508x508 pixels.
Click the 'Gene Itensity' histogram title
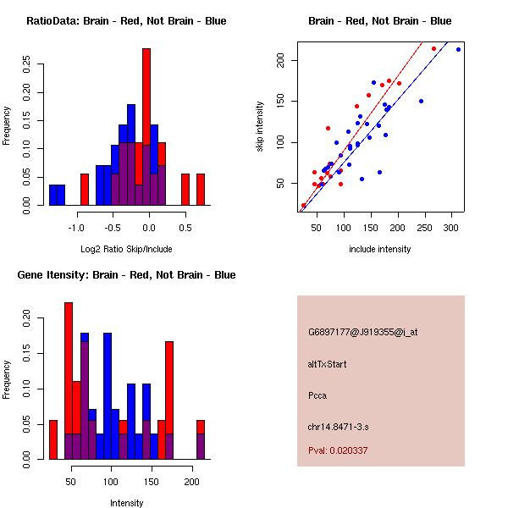pyautogui.click(x=126, y=275)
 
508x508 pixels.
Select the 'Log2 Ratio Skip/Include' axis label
pyautogui.click(x=126, y=249)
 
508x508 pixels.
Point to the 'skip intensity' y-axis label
pyautogui.click(x=261, y=127)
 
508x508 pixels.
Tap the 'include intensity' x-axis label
pyautogui.click(x=380, y=249)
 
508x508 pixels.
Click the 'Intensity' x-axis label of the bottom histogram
pyautogui.click(x=126, y=503)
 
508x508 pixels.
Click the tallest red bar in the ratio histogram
pyautogui.click(x=146, y=127)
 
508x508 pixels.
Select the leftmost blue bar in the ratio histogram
pyautogui.click(x=57, y=195)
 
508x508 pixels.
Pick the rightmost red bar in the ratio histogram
pyautogui.click(x=201, y=190)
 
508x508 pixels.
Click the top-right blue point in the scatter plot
pyautogui.click(x=458, y=50)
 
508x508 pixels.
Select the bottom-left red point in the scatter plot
pyautogui.click(x=303, y=206)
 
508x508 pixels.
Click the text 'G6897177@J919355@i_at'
pyautogui.click(x=362, y=332)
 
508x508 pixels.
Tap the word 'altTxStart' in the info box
pyautogui.click(x=327, y=364)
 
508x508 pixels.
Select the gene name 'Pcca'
pyautogui.click(x=317, y=395)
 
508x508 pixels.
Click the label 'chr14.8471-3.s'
pyautogui.click(x=335, y=427)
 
